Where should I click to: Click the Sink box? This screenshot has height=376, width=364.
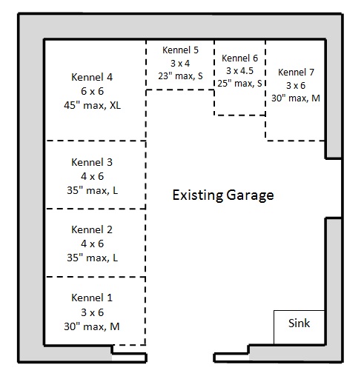[299, 327]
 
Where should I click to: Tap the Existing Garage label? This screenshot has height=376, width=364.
[223, 195]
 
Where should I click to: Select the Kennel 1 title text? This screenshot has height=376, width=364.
[92, 298]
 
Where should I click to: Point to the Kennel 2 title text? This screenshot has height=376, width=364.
[92, 229]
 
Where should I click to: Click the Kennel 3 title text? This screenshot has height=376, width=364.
[92, 162]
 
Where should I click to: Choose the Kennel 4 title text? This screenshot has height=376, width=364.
[92, 77]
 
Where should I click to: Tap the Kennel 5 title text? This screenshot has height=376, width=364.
[180, 50]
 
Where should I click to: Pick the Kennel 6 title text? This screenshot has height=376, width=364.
[239, 58]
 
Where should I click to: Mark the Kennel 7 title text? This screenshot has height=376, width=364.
[296, 73]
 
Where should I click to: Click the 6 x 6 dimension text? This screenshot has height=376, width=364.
[92, 91]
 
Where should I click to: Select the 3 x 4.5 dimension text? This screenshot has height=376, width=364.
[239, 71]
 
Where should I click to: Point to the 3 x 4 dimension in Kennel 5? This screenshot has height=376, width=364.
[180, 64]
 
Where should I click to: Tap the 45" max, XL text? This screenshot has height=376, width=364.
[92, 105]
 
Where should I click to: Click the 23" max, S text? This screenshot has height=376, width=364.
[180, 76]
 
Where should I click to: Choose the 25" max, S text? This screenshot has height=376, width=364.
[239, 84]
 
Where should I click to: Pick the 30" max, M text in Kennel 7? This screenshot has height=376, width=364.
[296, 98]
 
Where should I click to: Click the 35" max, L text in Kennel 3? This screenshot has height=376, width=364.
[92, 190]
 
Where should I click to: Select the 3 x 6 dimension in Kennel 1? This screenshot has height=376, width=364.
[92, 312]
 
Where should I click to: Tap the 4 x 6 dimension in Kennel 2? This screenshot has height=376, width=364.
[92, 244]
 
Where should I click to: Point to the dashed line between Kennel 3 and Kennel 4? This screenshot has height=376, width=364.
[96, 141]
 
